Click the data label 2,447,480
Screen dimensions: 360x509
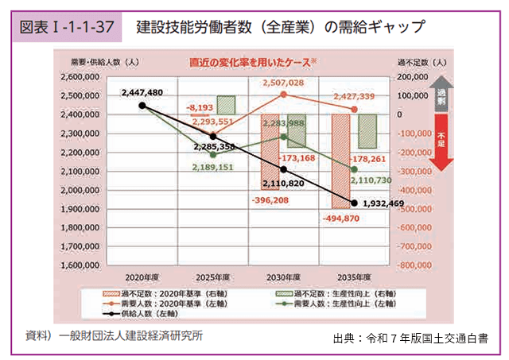[x=142, y=93]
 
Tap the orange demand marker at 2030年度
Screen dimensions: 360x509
[x=283, y=95]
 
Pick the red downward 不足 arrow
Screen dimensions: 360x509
[x=441, y=141]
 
